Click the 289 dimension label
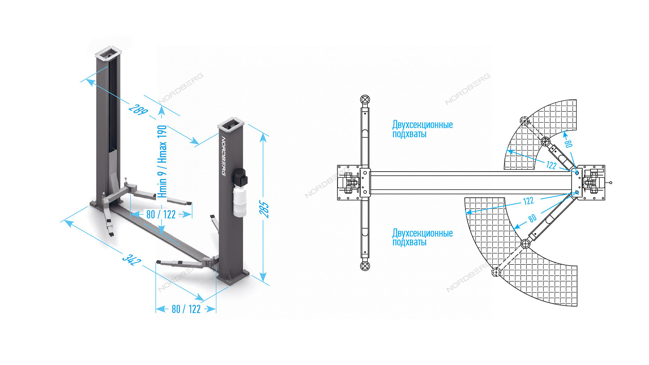[x=138, y=110]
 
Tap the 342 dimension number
[x=132, y=259]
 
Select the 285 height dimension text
[x=264, y=209]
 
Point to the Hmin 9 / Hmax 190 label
[x=162, y=161]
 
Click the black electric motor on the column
[x=239, y=176]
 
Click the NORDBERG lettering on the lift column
[x=223, y=156]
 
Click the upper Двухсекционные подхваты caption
[x=422, y=129]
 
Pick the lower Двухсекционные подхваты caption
[x=422, y=237]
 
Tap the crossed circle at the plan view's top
[x=365, y=100]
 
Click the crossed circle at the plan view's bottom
[x=365, y=266]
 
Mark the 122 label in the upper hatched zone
[x=551, y=165]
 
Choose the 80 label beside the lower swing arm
[x=532, y=218]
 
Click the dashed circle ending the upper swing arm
[x=525, y=121]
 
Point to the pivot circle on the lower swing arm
[x=525, y=244]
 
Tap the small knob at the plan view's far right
[x=610, y=182]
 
